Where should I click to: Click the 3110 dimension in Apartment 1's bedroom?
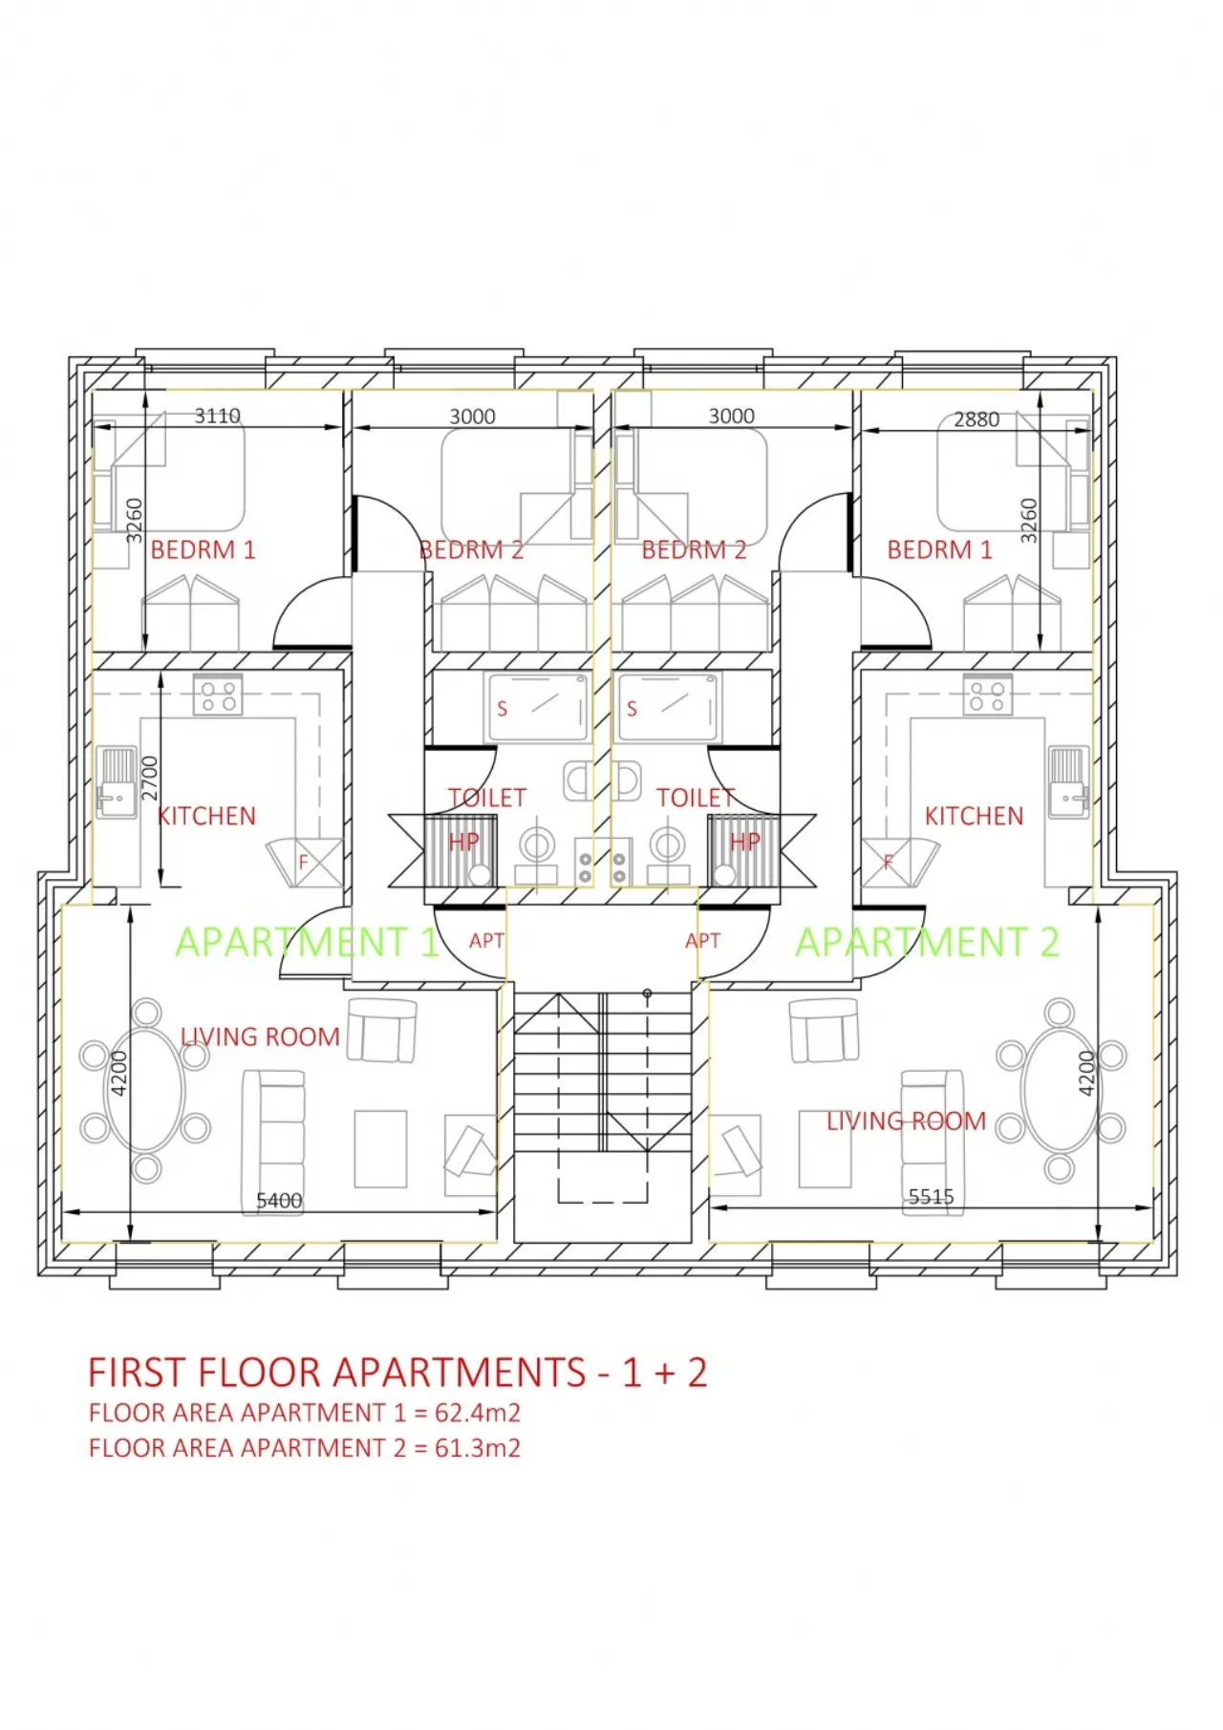[x=217, y=416]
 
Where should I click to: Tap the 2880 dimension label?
[x=976, y=419]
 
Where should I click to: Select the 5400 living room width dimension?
[x=279, y=1200]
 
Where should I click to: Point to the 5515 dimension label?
[x=931, y=1196]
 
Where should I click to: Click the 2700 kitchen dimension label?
[x=150, y=778]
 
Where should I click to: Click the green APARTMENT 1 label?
[x=307, y=943]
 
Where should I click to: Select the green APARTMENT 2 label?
[x=927, y=943]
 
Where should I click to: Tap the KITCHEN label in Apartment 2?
[x=973, y=816]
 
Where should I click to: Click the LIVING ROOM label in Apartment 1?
[x=260, y=1036]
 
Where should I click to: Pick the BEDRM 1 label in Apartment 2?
[x=939, y=550]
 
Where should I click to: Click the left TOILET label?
[x=486, y=797]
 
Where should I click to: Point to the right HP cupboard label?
[x=744, y=842]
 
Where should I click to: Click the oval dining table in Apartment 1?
[x=145, y=1090]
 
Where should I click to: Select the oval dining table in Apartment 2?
[x=1059, y=1090]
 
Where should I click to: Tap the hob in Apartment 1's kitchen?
[x=218, y=694]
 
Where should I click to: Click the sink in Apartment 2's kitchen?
[x=1068, y=782]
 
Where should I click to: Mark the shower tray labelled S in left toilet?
[x=537, y=708]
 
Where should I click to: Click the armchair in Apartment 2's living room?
[x=824, y=1031]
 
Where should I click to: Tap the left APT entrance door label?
[x=485, y=941]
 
